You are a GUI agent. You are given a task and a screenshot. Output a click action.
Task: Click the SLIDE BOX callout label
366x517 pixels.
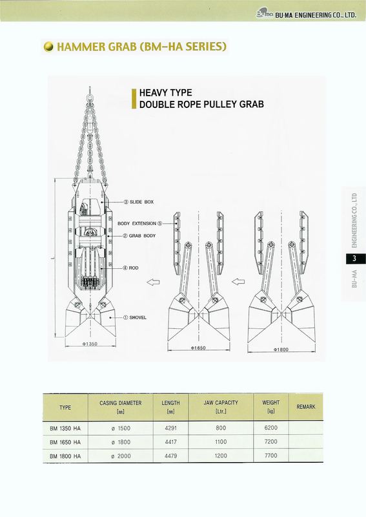[138, 202]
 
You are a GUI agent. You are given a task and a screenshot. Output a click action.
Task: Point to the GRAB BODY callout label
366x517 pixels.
[139, 236]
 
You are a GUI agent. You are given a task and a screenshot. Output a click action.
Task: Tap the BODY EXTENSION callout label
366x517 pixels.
[140, 223]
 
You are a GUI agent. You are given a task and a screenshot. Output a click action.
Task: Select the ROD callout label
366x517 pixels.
[130, 268]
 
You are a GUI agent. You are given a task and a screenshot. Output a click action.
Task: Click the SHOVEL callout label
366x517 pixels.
[135, 317]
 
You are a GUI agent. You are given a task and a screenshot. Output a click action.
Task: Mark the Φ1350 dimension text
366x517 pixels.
[90, 344]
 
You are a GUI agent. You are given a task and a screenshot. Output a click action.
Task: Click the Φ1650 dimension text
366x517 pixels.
[198, 348]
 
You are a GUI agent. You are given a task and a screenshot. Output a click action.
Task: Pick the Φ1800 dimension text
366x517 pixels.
[281, 349]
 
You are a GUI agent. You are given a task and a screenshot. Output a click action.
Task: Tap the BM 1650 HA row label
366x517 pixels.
[65, 442]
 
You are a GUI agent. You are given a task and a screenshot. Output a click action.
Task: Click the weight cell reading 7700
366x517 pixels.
[271, 456]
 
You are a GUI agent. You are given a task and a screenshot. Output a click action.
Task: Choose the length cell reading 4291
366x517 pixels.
[170, 428]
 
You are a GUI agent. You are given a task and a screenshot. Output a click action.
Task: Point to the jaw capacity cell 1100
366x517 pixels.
[221, 442]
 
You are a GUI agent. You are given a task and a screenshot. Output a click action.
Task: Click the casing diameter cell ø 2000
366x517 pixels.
[121, 456]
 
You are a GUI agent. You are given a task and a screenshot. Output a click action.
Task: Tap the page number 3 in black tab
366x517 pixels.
[354, 258]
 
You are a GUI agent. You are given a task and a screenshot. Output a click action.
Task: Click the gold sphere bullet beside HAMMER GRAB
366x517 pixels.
[48, 47]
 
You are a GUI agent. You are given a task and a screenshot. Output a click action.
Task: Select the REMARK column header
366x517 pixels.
[306, 407]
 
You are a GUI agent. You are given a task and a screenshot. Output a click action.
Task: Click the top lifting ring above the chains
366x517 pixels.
[90, 98]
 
